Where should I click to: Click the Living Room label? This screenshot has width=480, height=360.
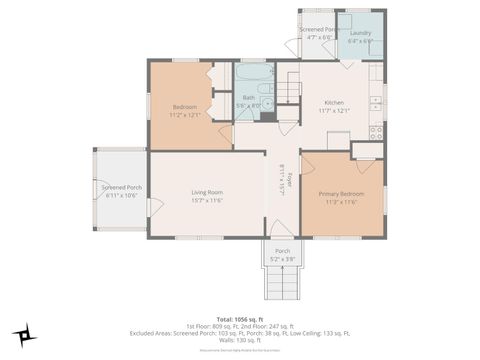click(207, 192)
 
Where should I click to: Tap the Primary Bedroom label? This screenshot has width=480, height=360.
click(341, 193)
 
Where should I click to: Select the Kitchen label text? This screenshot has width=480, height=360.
click(335, 102)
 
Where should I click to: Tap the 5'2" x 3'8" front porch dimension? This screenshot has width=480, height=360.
click(282, 259)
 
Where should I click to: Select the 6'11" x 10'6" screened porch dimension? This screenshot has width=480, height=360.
click(121, 195)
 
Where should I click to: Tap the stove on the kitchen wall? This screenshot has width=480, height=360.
click(376, 130)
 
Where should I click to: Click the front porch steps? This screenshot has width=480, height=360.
click(282, 284)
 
